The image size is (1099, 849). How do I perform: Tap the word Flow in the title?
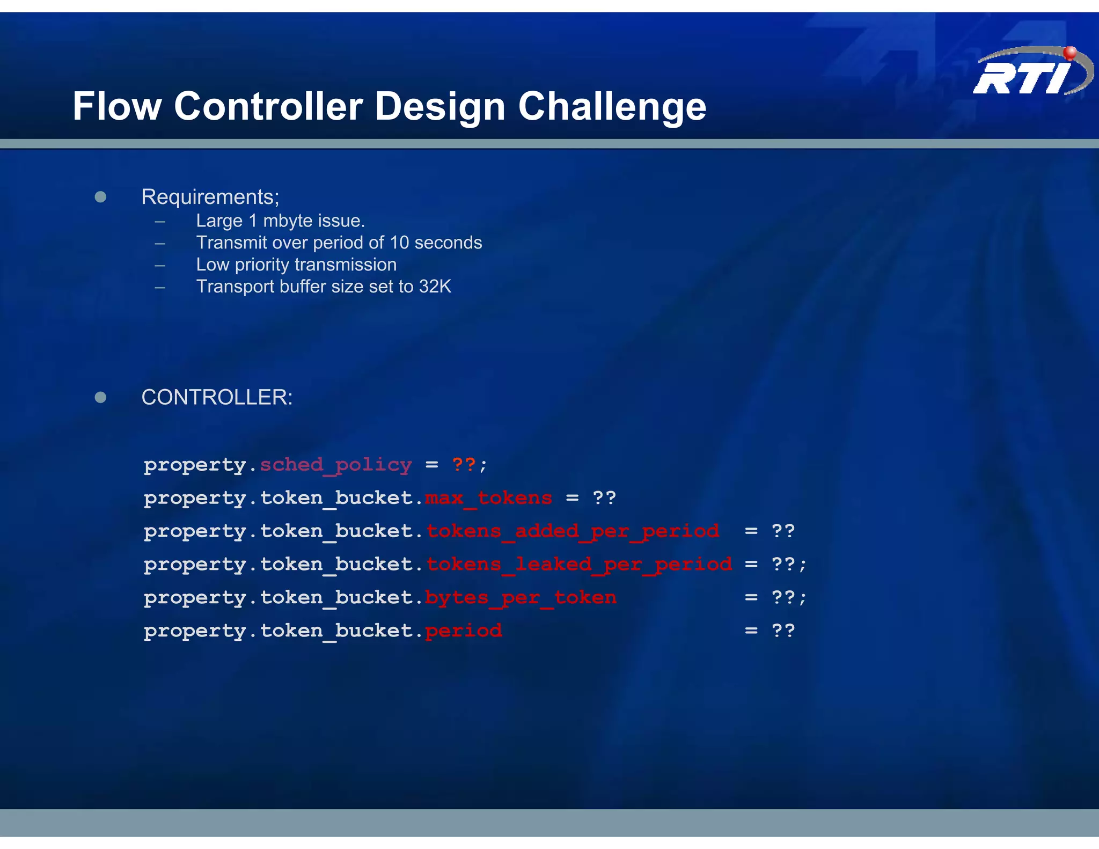[x=117, y=106]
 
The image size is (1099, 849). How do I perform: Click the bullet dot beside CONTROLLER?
[x=100, y=397]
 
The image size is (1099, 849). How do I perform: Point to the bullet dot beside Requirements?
[x=100, y=197]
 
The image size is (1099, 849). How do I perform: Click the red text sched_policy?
[x=336, y=465]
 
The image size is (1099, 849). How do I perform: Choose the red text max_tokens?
[x=488, y=498]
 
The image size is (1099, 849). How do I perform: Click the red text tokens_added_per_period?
[x=573, y=531]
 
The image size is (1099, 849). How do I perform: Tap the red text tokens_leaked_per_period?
[x=579, y=565]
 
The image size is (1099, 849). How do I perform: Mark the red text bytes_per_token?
[x=521, y=598]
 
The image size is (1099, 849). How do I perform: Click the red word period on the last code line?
[x=464, y=631]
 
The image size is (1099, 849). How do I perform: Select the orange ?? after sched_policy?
[x=464, y=465]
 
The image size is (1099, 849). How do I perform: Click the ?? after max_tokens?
[x=604, y=498]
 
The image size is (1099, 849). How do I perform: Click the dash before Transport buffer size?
[x=160, y=287]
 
